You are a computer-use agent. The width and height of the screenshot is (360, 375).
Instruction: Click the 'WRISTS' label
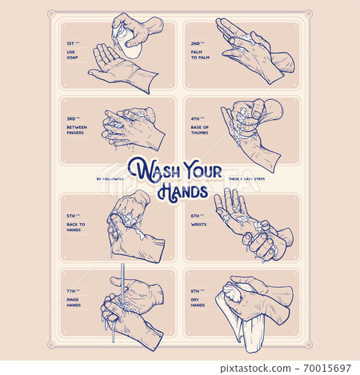(x=197, y=225)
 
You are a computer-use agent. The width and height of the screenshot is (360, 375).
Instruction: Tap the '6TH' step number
(x=194, y=216)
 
